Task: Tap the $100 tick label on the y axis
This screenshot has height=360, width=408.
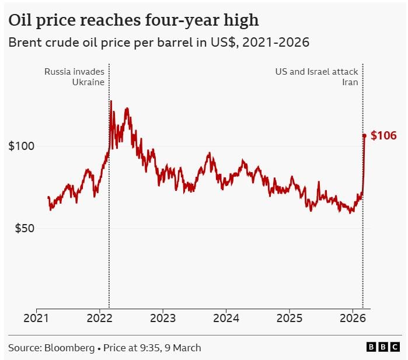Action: (x=21, y=146)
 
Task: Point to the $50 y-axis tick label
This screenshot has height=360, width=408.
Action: (x=24, y=228)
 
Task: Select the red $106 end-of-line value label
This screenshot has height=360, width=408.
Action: (x=383, y=136)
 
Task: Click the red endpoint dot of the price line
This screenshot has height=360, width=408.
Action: (x=364, y=136)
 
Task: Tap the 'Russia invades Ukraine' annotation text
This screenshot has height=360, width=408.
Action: (x=75, y=76)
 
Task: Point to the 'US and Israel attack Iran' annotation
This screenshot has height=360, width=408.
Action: (x=316, y=76)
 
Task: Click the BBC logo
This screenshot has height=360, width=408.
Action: (x=383, y=347)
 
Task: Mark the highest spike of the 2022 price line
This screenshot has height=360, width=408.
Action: (x=111, y=101)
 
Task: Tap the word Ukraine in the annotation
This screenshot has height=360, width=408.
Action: (x=89, y=82)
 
